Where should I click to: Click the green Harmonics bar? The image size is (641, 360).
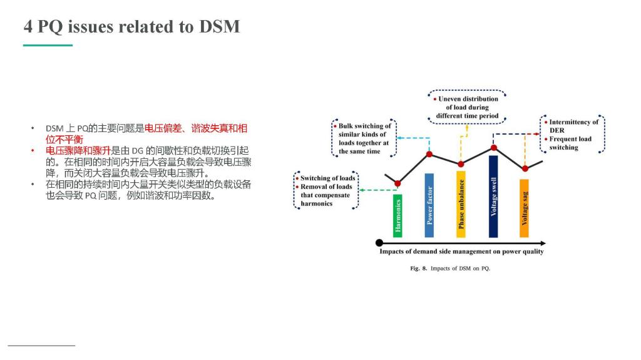[397, 215]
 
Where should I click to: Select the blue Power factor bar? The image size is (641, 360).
[429, 205]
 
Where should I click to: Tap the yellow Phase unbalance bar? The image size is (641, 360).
[461, 204]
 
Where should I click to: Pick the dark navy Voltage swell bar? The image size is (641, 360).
[493, 197]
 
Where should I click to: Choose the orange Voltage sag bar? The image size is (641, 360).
[524, 208]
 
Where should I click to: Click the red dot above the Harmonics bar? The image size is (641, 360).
[397, 183]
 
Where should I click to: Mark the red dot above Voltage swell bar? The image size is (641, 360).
[494, 148]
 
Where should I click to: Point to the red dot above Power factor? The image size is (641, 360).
[429, 154]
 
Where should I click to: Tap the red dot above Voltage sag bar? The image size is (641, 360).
[525, 168]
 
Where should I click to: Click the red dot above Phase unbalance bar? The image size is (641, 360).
[461, 164]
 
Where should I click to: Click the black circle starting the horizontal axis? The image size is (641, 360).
[379, 243]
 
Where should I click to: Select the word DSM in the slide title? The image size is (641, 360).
[219, 26]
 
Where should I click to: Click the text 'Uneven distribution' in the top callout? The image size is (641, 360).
[468, 99]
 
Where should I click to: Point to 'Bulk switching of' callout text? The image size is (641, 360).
[365, 126]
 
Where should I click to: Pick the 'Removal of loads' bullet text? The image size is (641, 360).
[326, 187]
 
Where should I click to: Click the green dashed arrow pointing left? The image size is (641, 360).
[377, 190]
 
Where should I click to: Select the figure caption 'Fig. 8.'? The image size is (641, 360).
[419, 269]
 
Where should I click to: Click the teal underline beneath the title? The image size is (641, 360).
[48, 46]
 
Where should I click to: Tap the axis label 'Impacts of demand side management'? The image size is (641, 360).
[438, 251]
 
